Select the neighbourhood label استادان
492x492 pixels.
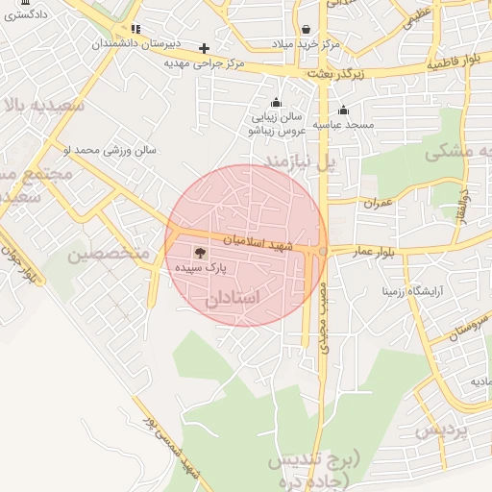pyautogui.click(x=233, y=299)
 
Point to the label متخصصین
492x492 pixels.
pyautogui.click(x=109, y=254)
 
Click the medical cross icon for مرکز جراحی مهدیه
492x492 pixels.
pyautogui.click(x=204, y=47)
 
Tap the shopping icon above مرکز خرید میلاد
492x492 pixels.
pyautogui.click(x=306, y=29)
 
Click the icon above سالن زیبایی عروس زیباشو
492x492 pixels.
pyautogui.click(x=277, y=103)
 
